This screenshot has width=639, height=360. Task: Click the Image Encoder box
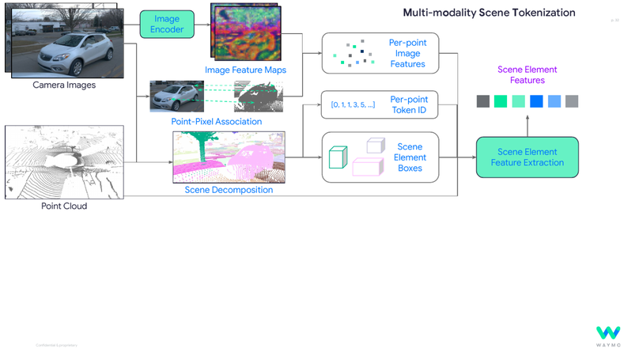click(x=166, y=25)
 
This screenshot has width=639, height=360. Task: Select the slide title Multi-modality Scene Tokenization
click(x=489, y=13)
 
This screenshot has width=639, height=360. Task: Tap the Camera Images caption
click(x=64, y=85)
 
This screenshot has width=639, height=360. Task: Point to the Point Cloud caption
click(x=64, y=206)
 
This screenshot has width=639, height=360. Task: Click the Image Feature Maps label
click(x=245, y=70)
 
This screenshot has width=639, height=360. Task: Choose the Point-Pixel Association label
click(x=216, y=121)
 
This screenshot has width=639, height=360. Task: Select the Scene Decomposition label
click(x=229, y=190)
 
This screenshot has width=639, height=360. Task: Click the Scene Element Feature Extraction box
click(x=527, y=157)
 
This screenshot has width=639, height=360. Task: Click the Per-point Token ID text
click(x=408, y=104)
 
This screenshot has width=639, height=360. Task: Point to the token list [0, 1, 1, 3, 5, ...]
click(x=353, y=104)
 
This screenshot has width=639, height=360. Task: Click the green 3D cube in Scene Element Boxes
click(x=338, y=157)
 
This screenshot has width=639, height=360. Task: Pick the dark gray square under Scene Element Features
click(x=482, y=101)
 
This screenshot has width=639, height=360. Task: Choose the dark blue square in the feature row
click(x=536, y=101)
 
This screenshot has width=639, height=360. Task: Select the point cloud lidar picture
click(x=64, y=161)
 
